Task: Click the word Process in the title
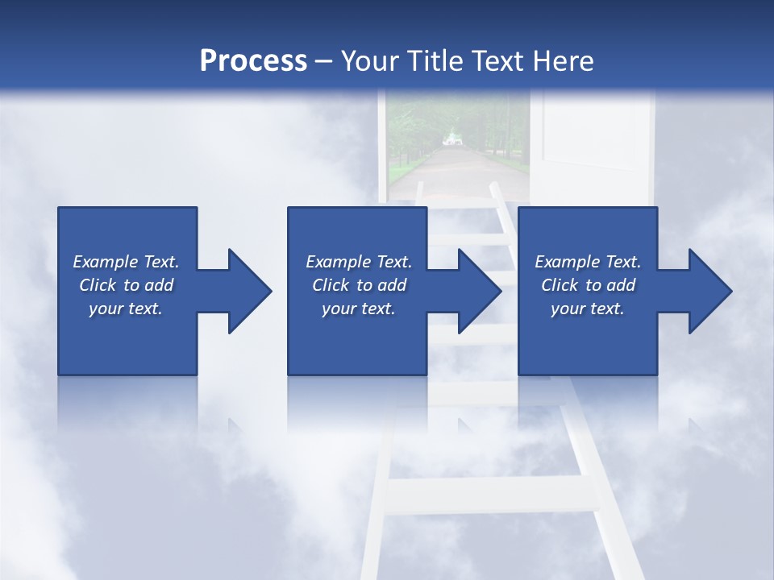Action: pyautogui.click(x=253, y=61)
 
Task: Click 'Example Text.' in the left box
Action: pyautogui.click(x=126, y=262)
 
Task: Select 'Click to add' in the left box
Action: pyautogui.click(x=126, y=285)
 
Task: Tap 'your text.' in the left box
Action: pyautogui.click(x=126, y=309)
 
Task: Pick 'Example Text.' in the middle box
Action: pyautogui.click(x=359, y=262)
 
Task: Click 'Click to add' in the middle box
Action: pyautogui.click(x=359, y=285)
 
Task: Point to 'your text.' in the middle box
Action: pyautogui.click(x=359, y=309)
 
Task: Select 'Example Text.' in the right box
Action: pyautogui.click(x=588, y=262)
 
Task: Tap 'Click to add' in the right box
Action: pyautogui.click(x=588, y=285)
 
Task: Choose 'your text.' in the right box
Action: pyautogui.click(x=588, y=309)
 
